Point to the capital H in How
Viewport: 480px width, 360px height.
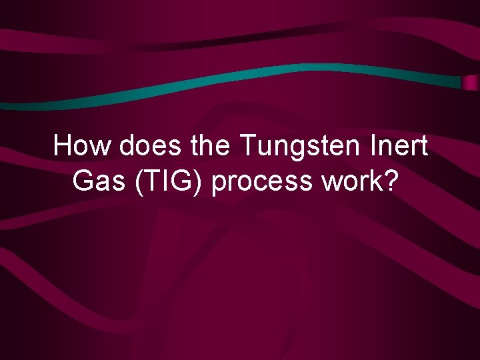pos(63,146)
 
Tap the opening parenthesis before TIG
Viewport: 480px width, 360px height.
pos(139,181)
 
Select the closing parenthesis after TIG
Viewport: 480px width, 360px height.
pos(202,181)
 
